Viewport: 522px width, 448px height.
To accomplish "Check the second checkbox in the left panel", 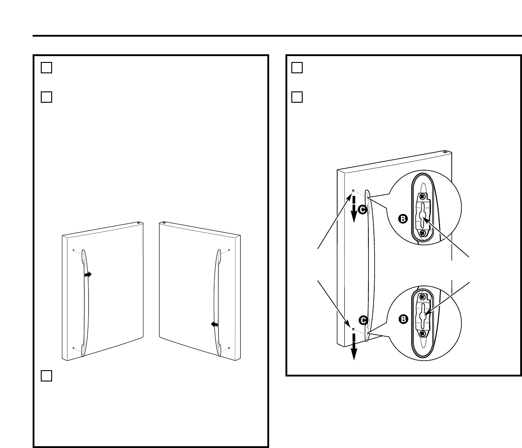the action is pos(47,97).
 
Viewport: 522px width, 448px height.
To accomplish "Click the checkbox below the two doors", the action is pos(47,376).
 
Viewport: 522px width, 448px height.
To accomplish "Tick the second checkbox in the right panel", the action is pos(297,97).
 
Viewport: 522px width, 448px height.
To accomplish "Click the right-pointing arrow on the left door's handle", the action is pos(88,274).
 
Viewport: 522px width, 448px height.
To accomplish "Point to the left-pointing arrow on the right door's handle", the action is pos(214,324).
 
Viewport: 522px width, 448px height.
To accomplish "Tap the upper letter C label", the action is pos(362,209).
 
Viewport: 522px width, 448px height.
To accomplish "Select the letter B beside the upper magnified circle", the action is pos(403,219).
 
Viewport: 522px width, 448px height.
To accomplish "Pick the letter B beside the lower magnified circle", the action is pos(403,319).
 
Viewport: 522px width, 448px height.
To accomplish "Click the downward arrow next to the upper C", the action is pos(354,211).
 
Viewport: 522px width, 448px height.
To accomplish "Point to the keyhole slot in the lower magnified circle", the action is pos(422,315).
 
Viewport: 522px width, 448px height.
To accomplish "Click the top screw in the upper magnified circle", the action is pos(422,197).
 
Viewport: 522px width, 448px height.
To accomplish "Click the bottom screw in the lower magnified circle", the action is pos(422,333).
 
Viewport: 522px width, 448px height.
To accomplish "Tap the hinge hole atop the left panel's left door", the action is pos(138,223).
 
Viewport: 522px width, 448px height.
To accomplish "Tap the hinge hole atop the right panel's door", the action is pos(445,153).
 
